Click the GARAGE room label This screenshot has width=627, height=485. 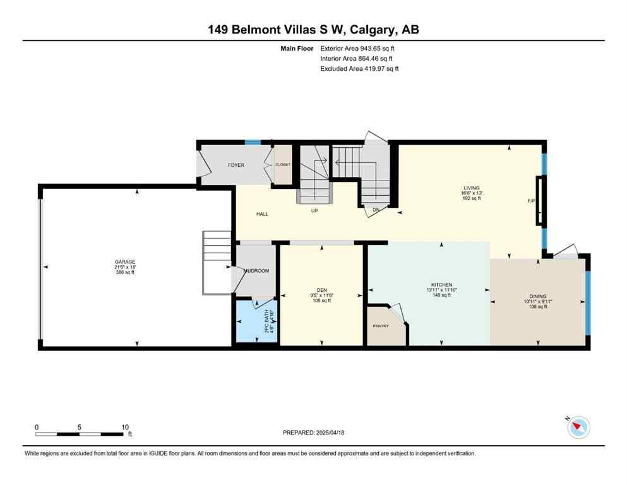(124, 262)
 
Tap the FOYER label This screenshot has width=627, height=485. (236, 165)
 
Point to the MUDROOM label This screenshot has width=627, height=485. (256, 271)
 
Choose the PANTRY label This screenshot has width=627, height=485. (381, 326)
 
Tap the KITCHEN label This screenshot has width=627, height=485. (441, 285)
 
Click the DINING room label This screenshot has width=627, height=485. (538, 296)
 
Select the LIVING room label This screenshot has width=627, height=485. (472, 188)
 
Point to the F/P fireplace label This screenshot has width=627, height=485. (531, 201)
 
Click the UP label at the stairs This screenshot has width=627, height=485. (314, 210)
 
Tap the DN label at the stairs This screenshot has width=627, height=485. (376, 210)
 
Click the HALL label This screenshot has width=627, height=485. (262, 214)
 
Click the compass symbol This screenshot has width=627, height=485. (578, 428)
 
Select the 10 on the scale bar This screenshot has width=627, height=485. (125, 427)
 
